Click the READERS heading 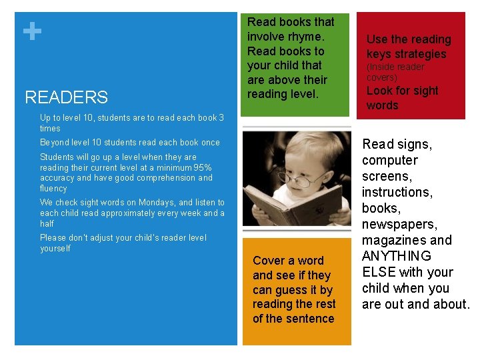point(66,97)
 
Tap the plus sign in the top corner point(31,31)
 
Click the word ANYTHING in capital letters point(397,256)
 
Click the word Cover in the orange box point(269,261)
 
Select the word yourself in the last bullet point(55,249)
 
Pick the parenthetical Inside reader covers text point(395,72)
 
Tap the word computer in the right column point(390,160)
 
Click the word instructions point(397,192)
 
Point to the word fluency point(53,189)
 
